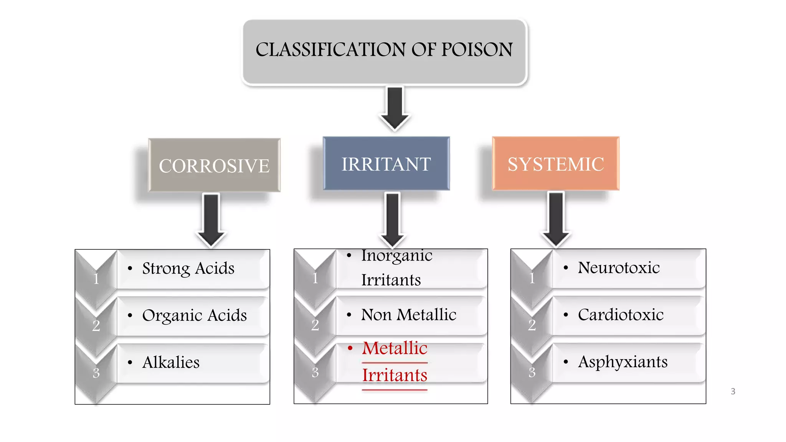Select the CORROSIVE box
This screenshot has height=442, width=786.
click(214, 165)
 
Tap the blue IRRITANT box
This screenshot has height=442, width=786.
click(386, 164)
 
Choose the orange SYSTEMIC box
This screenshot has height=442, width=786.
click(555, 164)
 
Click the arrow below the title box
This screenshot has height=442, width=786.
click(395, 108)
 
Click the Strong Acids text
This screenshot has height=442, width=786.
click(188, 268)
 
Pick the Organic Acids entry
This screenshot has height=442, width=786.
click(194, 315)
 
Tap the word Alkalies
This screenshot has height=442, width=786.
click(171, 362)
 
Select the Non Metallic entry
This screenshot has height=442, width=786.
click(408, 315)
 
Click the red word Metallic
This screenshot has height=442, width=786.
click(395, 348)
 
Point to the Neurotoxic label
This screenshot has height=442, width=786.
click(619, 267)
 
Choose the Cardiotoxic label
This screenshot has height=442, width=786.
click(621, 315)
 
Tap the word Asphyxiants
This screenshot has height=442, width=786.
click(623, 362)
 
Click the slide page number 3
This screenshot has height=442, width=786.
click(733, 391)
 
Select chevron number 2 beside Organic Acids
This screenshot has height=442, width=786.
click(96, 325)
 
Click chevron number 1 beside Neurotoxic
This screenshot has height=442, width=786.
click(532, 278)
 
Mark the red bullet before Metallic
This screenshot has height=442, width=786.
click(350, 348)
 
